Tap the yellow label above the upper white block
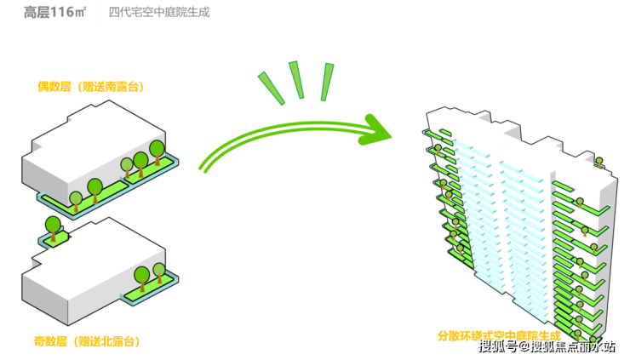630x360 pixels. (89, 86)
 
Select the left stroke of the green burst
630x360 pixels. (272, 89)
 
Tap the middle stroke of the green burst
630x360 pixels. (296, 80)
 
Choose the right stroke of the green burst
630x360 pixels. (326, 82)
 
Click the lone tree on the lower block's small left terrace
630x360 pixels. (53, 226)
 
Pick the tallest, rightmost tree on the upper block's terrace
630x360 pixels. (157, 150)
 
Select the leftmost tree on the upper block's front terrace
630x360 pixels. (76, 200)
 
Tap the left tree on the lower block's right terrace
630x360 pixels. (140, 276)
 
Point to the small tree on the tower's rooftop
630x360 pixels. (598, 161)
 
